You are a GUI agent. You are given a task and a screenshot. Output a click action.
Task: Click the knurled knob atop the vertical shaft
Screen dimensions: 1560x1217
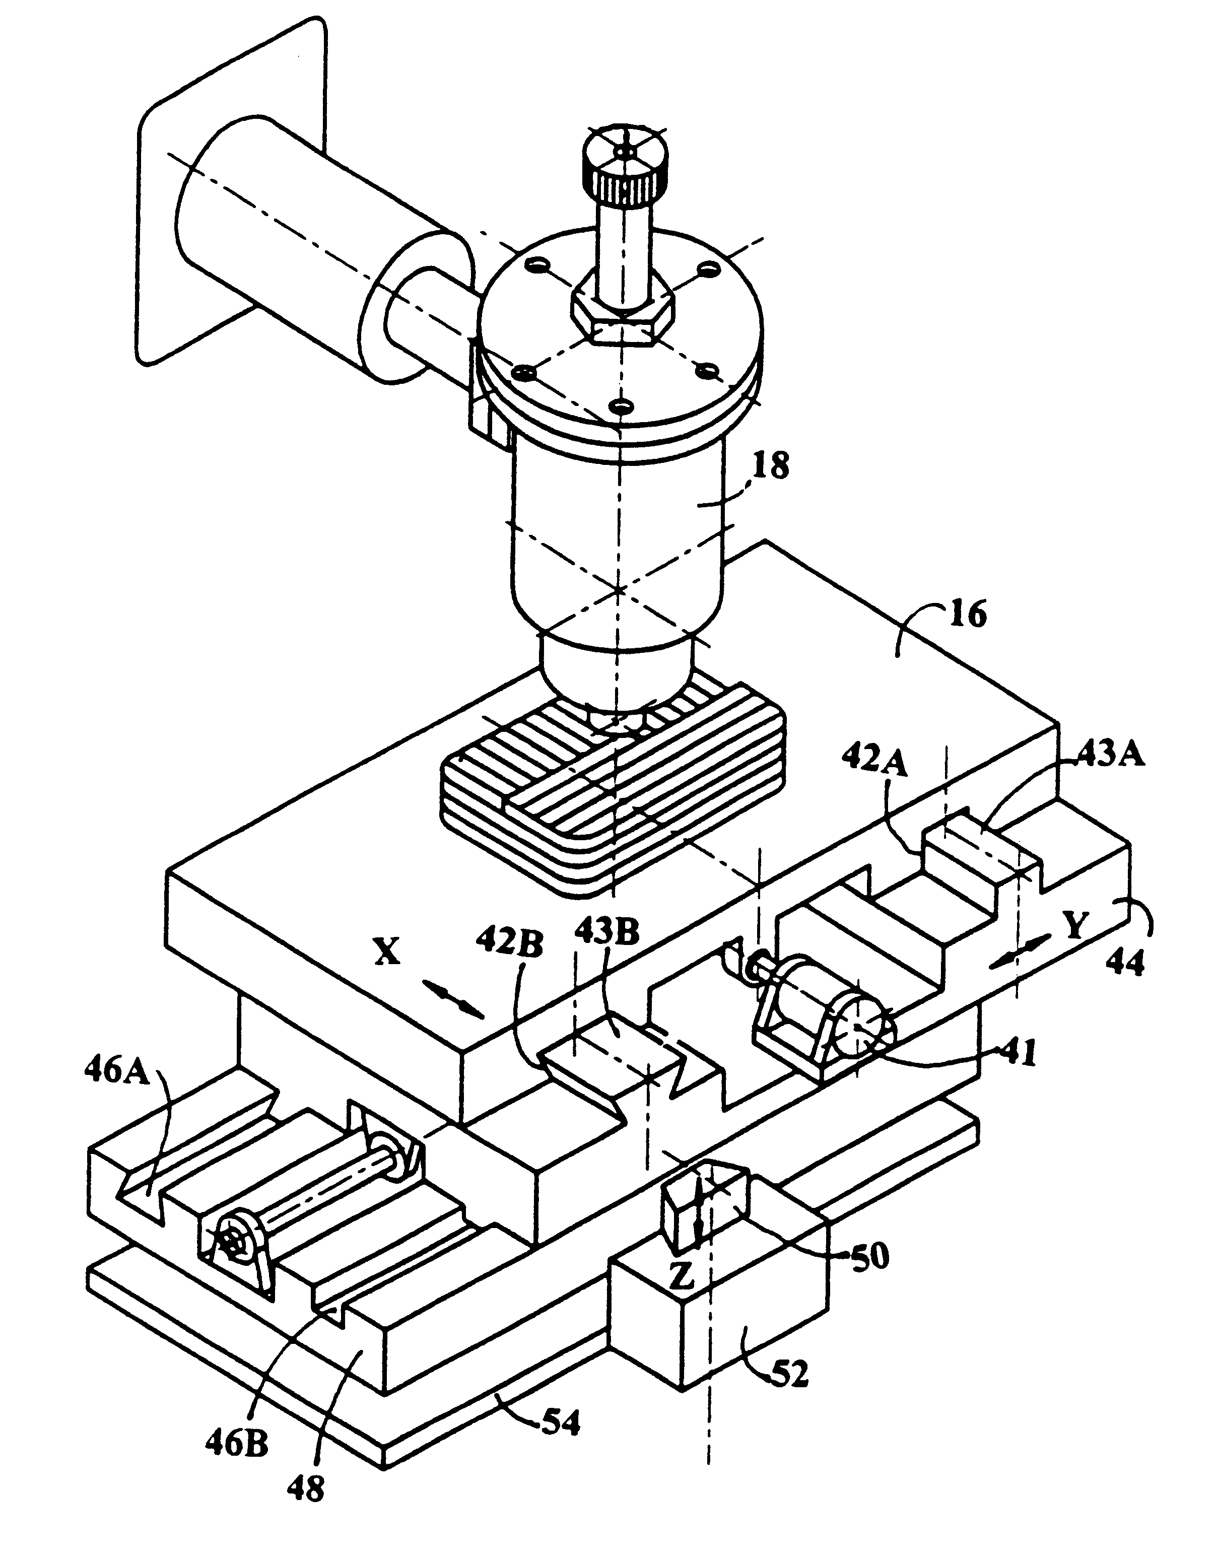coord(626,168)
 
